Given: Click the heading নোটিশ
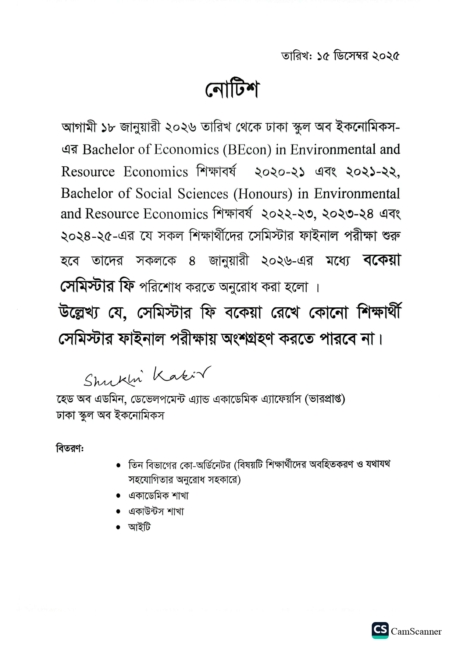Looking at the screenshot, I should click(232, 89).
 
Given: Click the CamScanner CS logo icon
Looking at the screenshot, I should click(380, 631).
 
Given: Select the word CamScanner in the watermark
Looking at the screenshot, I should click(416, 632).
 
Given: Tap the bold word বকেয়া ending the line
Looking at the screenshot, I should click(381, 261).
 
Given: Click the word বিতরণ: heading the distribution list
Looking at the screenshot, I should click(70, 449).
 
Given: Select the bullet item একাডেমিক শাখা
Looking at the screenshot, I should click(158, 496).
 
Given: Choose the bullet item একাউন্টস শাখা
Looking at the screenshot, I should click(156, 512).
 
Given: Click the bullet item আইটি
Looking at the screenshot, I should click(139, 527).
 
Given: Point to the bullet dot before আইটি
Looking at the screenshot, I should click(118, 527).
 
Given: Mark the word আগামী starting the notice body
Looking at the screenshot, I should click(79, 127).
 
